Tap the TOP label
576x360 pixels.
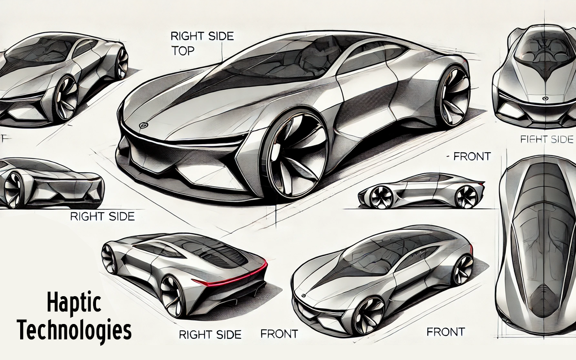point(182,51)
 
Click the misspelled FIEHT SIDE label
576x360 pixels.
point(547,139)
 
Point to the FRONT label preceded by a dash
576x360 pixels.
point(470,156)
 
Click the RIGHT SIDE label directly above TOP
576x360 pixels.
point(202,36)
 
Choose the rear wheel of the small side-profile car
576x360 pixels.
point(466,197)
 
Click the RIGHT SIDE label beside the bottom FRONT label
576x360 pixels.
point(210,335)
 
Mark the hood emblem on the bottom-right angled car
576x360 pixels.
point(303,296)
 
